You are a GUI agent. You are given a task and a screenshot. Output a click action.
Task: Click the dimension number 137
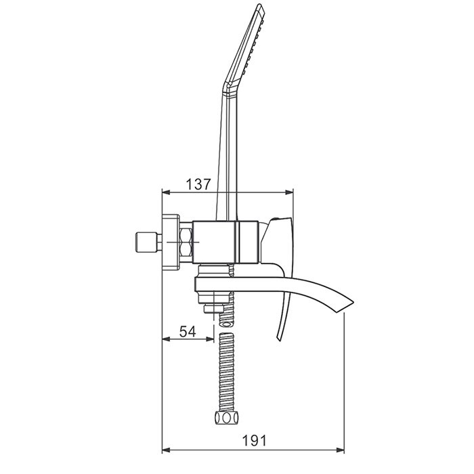point(198,184)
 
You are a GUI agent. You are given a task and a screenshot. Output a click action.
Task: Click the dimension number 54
point(188,331)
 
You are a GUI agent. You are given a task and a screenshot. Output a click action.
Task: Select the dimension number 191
point(255,440)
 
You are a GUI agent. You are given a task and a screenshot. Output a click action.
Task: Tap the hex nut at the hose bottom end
point(226,418)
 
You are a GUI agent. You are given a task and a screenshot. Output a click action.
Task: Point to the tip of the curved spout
point(353,302)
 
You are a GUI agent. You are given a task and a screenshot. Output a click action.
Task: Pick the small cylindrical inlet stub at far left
point(147,242)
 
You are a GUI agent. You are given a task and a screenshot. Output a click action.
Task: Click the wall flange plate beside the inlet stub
point(171,242)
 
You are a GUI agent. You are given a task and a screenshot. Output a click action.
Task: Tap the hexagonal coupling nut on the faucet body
point(186,242)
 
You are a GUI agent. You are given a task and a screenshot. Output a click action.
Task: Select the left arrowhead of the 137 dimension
point(165,192)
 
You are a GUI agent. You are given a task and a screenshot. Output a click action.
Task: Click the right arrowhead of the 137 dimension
point(290,192)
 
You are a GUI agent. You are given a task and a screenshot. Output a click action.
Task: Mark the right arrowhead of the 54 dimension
point(211,339)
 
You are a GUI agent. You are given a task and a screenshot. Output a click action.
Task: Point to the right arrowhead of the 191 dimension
point(341,450)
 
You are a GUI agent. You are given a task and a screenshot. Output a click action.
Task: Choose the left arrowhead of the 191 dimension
point(166,450)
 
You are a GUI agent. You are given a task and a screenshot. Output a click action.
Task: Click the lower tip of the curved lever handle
point(278,341)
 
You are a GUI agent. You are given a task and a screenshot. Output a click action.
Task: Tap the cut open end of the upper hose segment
point(226,324)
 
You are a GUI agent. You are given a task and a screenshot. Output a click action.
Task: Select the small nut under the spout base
point(214,309)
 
